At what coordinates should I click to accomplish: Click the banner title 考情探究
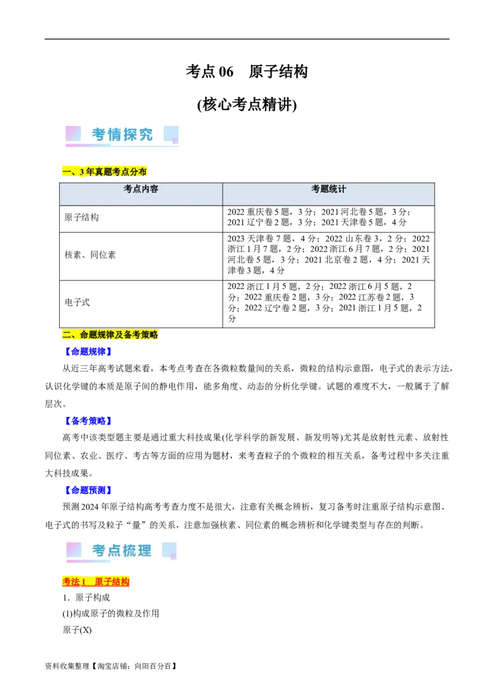point(122,135)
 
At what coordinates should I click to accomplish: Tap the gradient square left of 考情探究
point(73,133)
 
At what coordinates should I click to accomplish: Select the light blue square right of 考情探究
point(171,133)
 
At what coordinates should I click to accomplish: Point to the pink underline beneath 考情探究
point(86,146)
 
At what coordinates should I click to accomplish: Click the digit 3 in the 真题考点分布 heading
point(82,172)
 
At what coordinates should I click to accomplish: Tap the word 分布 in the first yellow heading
point(138,172)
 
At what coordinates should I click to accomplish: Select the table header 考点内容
point(141,189)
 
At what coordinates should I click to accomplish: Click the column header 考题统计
point(329,189)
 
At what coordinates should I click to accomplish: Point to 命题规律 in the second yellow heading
point(98,335)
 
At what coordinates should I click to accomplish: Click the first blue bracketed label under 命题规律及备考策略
point(88,351)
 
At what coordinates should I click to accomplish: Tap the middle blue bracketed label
point(88,422)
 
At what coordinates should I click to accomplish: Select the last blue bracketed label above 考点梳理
point(88,491)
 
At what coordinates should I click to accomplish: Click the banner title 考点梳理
point(122,550)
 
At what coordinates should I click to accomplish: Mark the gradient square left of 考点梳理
point(73,549)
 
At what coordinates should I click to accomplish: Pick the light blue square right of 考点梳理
point(169,549)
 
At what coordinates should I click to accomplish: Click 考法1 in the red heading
point(73,582)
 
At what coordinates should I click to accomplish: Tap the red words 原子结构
point(112,582)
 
